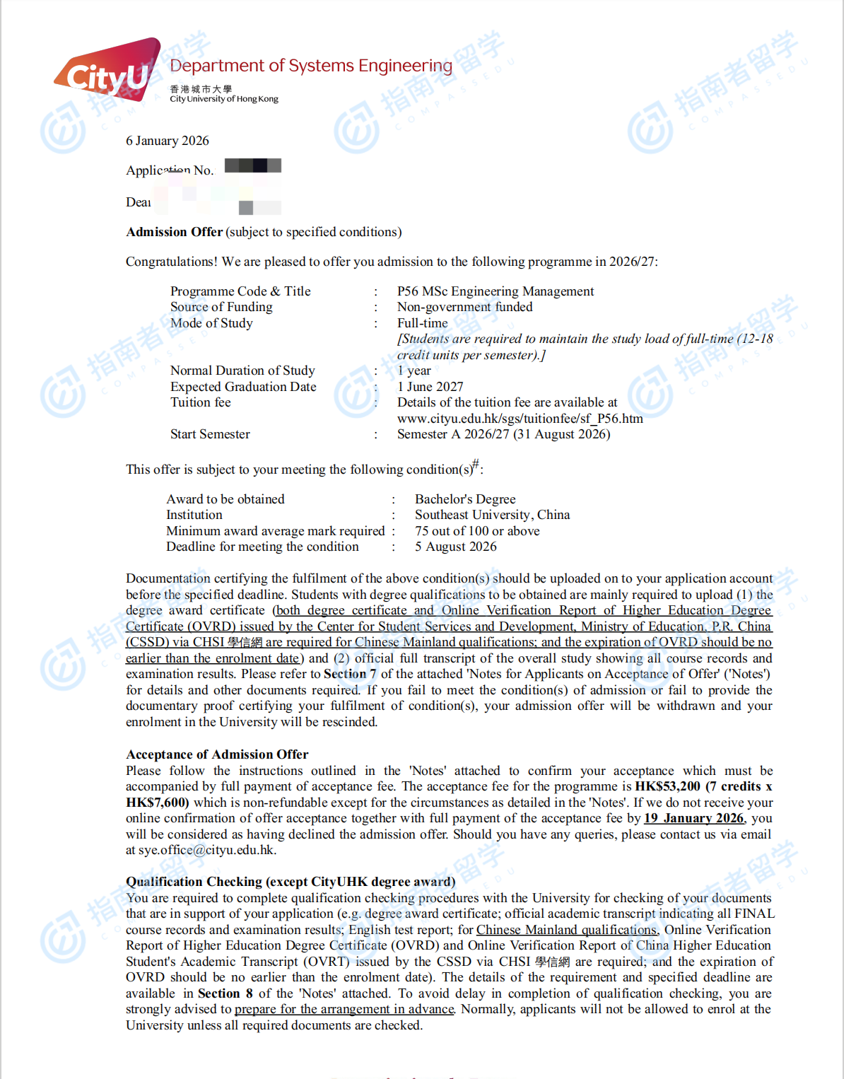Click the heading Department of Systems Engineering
click(x=311, y=66)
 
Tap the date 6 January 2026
click(x=168, y=141)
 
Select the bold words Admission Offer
click(x=174, y=232)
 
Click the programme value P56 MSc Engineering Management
click(x=495, y=291)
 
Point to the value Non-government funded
click(x=464, y=307)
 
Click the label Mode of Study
click(x=211, y=323)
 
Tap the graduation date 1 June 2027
click(x=430, y=387)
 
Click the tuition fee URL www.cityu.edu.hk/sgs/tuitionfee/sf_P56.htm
click(x=520, y=419)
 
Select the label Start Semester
click(x=210, y=434)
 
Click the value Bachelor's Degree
click(x=465, y=499)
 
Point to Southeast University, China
click(x=492, y=515)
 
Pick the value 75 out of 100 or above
click(x=477, y=531)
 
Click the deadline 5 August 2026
click(x=455, y=547)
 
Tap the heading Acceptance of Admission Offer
click(x=217, y=754)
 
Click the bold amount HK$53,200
click(x=667, y=786)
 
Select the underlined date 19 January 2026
click(x=693, y=818)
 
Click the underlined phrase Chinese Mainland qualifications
click(x=566, y=930)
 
